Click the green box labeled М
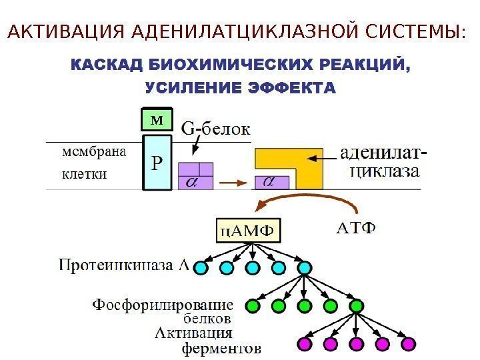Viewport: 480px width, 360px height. coord(157,120)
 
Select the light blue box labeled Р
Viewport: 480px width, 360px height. coord(157,162)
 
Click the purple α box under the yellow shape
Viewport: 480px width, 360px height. coord(272,182)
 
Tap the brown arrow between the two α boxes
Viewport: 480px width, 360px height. coord(233,181)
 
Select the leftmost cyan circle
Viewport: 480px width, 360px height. coord(201,268)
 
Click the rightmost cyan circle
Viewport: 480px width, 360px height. coord(305,268)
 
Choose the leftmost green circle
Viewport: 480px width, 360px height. coord(253,306)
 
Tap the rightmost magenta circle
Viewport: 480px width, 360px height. coord(408,344)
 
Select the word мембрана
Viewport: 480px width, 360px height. coord(93,152)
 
